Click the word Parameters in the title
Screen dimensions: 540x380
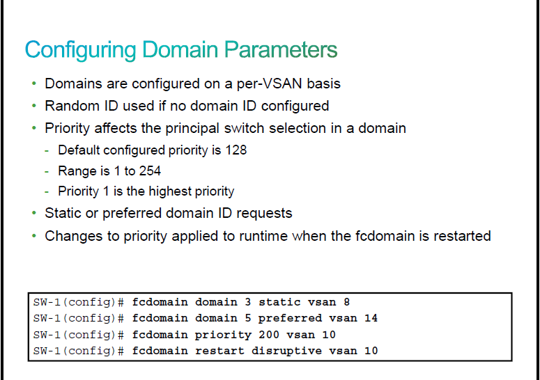281,50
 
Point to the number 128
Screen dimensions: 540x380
236,150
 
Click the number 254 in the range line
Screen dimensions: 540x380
150,171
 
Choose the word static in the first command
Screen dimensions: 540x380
279,302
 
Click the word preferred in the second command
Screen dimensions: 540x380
290,319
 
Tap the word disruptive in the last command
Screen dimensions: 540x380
286,351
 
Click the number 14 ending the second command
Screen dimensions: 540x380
371,318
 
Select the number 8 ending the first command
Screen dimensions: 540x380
346,302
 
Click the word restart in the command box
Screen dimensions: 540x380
219,351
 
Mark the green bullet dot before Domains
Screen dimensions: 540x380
33,84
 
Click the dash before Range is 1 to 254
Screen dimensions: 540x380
47,171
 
